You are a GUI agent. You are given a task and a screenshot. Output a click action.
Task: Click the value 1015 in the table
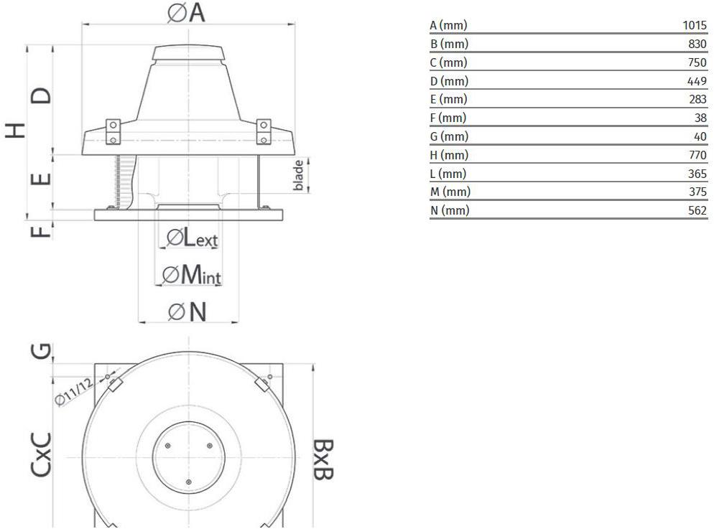(695, 25)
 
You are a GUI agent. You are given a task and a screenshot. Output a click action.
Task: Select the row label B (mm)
(449, 44)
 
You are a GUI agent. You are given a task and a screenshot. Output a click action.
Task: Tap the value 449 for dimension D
(697, 81)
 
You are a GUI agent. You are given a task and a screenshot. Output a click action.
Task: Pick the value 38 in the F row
(700, 118)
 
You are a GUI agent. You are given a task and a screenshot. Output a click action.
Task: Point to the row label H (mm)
(449, 155)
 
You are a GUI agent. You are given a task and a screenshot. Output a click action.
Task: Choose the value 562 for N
(697, 210)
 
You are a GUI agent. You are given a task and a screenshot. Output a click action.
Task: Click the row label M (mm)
(450, 192)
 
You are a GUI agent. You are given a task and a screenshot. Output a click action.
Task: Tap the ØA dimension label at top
(186, 12)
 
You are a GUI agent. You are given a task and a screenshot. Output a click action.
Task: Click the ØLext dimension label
(193, 238)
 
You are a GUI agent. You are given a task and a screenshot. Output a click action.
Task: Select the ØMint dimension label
(192, 275)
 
